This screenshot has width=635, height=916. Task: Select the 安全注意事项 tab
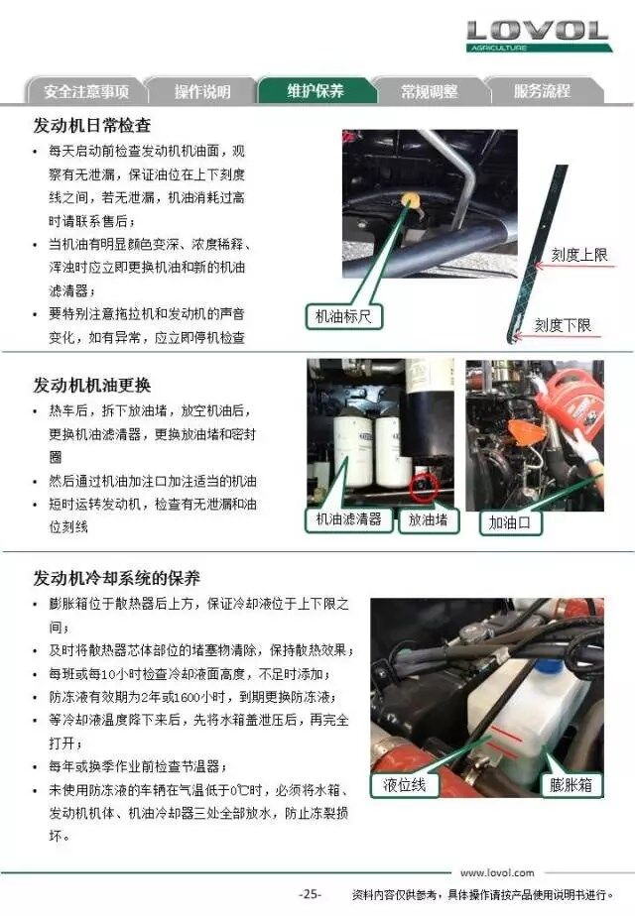(85, 91)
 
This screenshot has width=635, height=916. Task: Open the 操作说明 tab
(201, 91)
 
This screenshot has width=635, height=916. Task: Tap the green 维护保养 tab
(316, 90)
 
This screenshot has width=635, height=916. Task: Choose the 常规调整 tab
(430, 91)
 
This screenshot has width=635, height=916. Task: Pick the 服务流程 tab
(542, 91)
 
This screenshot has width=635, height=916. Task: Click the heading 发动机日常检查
(92, 126)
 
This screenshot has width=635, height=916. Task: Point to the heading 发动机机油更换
(92, 386)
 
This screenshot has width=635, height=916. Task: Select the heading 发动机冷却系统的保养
(116, 578)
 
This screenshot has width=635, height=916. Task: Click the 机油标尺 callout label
(343, 316)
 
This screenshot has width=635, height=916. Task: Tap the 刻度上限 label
(579, 255)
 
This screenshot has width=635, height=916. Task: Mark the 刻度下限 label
(564, 325)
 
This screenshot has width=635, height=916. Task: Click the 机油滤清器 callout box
(348, 519)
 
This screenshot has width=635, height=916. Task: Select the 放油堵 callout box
(428, 519)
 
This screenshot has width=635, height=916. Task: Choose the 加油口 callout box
(510, 522)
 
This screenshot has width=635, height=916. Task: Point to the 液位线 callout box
(405, 784)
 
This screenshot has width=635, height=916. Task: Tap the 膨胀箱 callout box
(571, 784)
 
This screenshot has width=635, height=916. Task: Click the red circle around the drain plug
(424, 487)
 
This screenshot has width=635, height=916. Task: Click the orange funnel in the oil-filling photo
(521, 433)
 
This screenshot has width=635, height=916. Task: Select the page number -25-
(310, 894)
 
